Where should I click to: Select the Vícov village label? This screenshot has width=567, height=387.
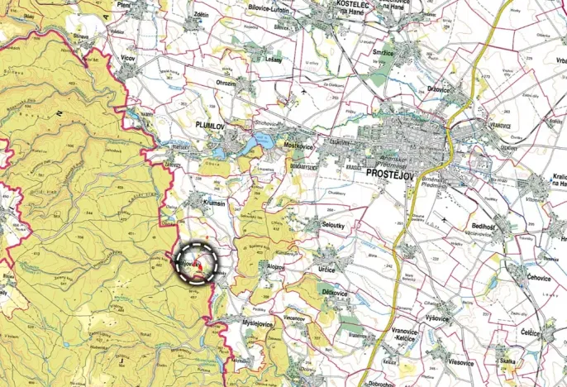pyautogui.click(x=127, y=60)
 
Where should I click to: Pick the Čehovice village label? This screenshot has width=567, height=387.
pyautogui.click(x=539, y=277)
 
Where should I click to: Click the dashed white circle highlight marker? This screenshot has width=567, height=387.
pyautogui.click(x=198, y=263)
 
